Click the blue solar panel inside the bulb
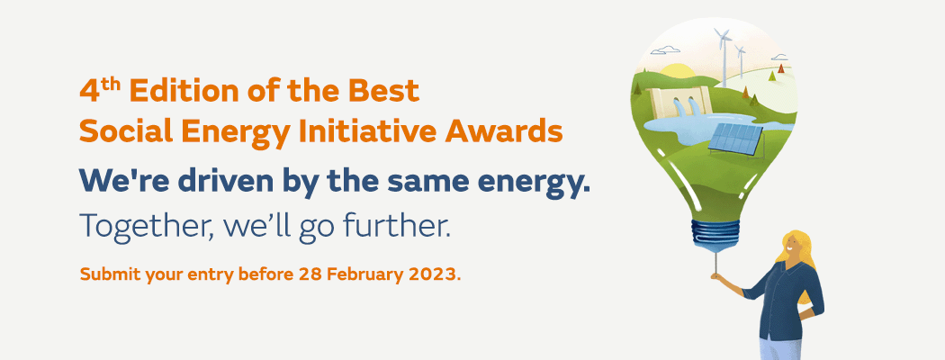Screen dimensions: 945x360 coord(736,138)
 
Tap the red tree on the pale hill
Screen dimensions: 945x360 coord(781,68)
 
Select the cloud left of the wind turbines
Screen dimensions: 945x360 coord(665,50)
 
